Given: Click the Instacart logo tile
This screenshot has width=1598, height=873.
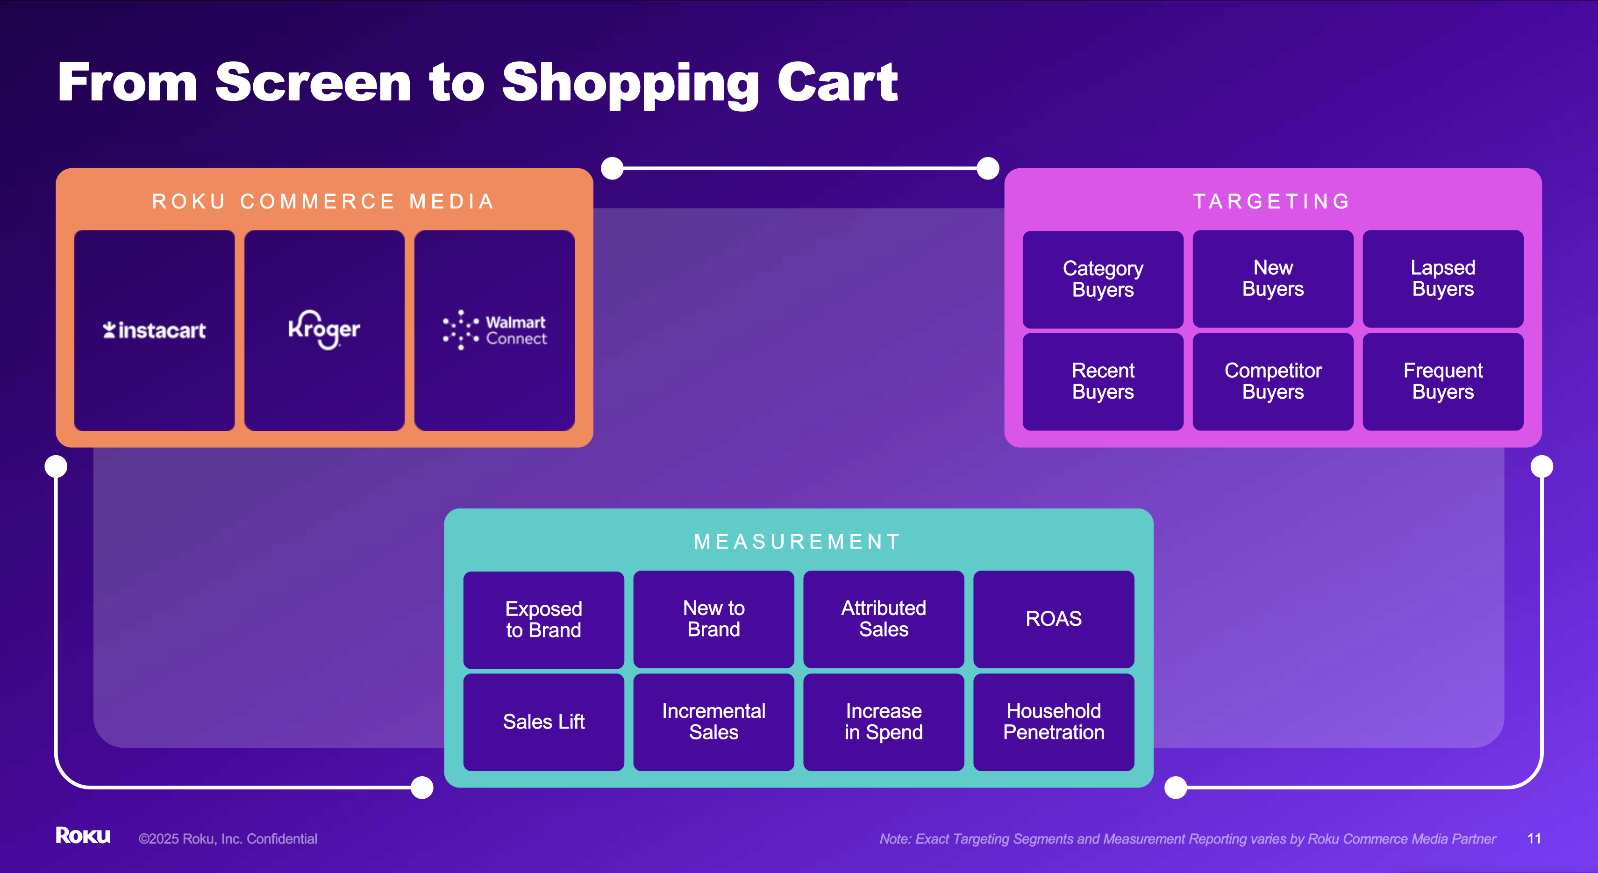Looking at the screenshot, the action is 155,330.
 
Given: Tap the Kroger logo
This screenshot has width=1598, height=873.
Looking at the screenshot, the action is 324,329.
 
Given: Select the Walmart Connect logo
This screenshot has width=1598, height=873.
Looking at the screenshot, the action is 494,330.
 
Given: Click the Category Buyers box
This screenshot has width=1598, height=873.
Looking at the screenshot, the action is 1103,279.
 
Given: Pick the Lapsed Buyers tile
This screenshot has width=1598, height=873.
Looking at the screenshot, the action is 1443,279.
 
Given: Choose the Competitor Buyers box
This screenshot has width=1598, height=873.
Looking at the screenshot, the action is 1273,382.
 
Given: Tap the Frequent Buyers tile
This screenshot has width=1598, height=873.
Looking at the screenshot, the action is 1443,382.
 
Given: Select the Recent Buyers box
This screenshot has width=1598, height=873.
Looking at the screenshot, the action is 1103,382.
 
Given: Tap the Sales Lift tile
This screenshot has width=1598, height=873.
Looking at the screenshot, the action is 544,722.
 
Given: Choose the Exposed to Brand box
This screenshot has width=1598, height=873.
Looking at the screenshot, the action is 544,620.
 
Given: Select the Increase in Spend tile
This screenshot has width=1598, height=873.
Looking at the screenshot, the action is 884,722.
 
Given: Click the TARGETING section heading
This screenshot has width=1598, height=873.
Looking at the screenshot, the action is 1272,201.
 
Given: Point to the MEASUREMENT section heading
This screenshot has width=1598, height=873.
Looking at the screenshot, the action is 798,542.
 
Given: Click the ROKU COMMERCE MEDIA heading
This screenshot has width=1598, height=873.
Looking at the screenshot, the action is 323,201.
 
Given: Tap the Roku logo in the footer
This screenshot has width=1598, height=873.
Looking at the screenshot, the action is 83,835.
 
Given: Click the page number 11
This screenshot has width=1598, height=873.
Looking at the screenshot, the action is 1534,839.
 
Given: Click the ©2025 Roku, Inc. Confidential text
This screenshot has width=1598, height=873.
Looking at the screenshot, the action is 228,839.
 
